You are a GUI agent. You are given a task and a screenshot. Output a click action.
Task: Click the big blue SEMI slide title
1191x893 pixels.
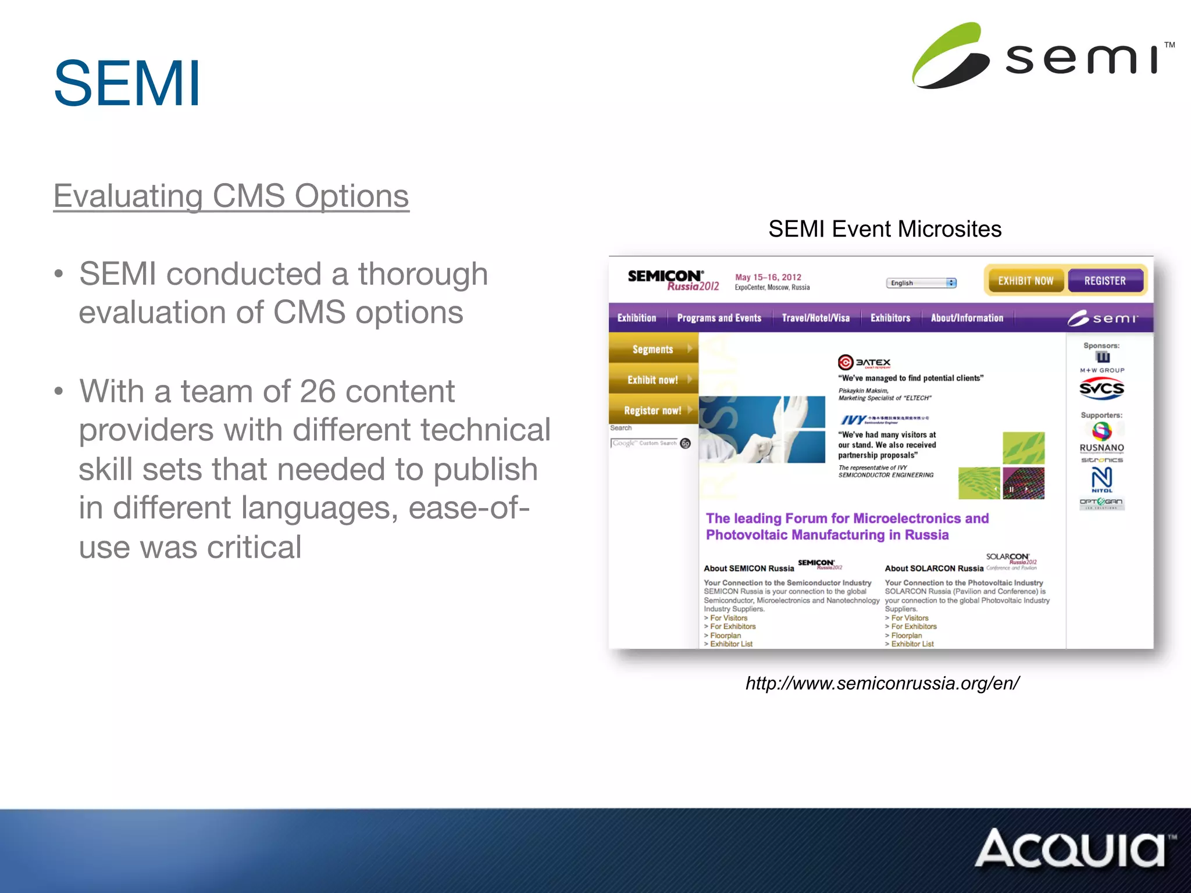tap(127, 84)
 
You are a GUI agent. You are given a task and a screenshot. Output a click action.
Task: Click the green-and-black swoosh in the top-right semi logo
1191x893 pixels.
tap(949, 56)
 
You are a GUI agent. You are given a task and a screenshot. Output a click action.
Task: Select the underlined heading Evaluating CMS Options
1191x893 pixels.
tap(231, 196)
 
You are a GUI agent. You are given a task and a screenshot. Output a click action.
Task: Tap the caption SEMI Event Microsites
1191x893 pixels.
tap(885, 229)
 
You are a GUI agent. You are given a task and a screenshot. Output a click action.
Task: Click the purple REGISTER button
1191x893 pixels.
tap(1105, 281)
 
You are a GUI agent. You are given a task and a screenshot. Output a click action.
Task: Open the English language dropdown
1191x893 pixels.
tap(921, 283)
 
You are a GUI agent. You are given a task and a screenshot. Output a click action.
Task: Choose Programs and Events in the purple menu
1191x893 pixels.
tap(719, 318)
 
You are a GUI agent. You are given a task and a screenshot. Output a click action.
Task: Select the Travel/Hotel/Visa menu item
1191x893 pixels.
tap(815, 318)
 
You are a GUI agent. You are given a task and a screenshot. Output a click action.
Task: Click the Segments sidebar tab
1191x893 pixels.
tap(652, 349)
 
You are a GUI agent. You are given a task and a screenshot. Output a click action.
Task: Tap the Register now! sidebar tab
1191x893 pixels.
tap(652, 410)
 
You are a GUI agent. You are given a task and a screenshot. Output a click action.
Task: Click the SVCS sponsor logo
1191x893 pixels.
tap(1101, 388)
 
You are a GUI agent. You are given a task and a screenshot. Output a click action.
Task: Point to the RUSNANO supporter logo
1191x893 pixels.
tap(1101, 448)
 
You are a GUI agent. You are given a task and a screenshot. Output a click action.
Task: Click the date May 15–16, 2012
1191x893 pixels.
tap(768, 277)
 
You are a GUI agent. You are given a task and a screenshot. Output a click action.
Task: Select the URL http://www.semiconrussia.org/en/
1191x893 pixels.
tap(882, 683)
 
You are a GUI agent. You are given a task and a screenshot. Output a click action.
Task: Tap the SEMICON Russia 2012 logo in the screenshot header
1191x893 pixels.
tap(673, 280)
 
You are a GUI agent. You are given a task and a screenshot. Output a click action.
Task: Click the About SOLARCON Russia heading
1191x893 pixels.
tap(934, 569)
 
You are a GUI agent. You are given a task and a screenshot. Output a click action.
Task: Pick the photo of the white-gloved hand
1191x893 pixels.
tap(762, 429)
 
